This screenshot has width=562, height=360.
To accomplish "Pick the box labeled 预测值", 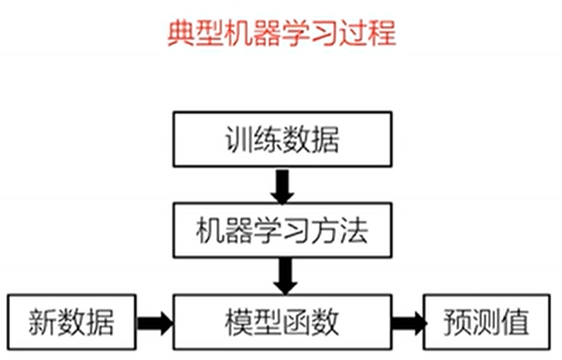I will click(x=486, y=322).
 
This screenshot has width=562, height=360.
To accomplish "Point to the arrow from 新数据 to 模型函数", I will click(x=154, y=322).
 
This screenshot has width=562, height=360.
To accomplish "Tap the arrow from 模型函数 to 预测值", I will click(x=407, y=322).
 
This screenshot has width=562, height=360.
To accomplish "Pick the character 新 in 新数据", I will click(x=42, y=322).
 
